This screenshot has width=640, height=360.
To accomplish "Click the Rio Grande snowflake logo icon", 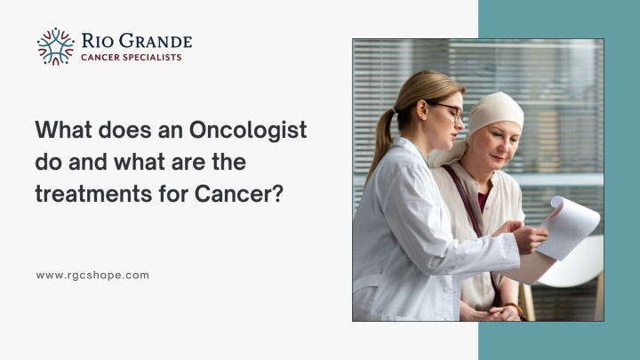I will (56, 46).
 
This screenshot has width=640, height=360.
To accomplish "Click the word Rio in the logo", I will (96, 40).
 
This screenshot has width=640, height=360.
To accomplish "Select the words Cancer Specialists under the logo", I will (131, 58).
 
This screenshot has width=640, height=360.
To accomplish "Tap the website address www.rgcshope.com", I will (92, 276).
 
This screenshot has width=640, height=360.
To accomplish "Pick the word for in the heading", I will (167, 192).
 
